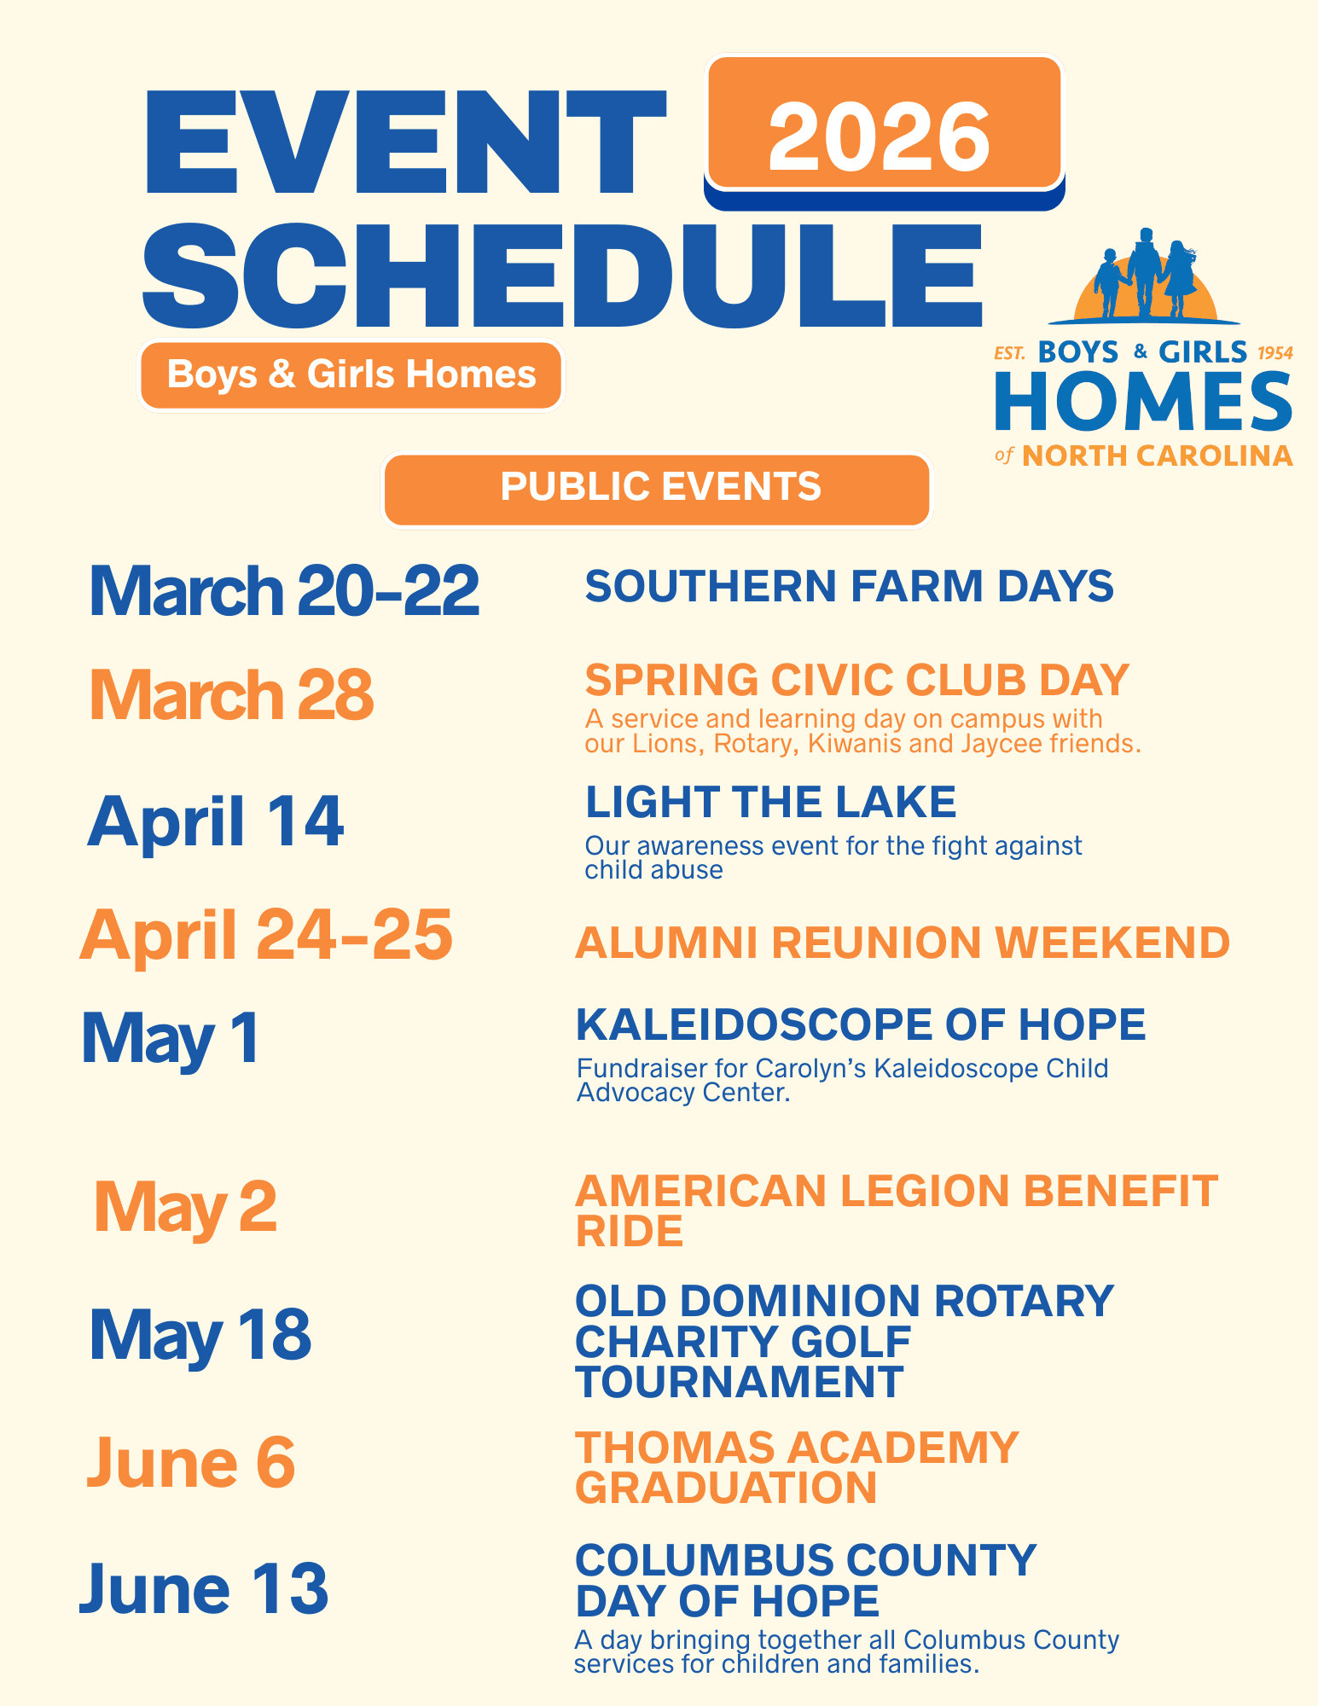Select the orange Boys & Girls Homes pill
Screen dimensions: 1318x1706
click(x=351, y=374)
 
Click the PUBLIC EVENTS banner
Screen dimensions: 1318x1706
click(x=658, y=489)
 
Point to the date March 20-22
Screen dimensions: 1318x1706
click(x=283, y=590)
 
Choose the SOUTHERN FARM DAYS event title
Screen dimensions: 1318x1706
click(x=849, y=586)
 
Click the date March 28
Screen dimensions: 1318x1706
click(x=231, y=694)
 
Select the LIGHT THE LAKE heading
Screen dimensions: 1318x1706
click(x=771, y=802)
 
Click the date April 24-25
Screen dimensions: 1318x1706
click(x=266, y=935)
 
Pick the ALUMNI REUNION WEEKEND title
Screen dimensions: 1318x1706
click(x=903, y=943)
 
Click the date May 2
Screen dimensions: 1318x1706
click(x=185, y=1208)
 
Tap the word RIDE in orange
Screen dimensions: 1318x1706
click(x=630, y=1230)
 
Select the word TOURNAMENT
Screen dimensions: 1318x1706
click(x=740, y=1382)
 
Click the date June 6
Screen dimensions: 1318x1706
click(x=191, y=1461)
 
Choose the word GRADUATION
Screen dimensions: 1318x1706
click(x=726, y=1488)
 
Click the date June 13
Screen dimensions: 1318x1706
click(x=204, y=1587)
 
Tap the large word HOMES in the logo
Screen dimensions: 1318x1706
click(x=1143, y=402)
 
